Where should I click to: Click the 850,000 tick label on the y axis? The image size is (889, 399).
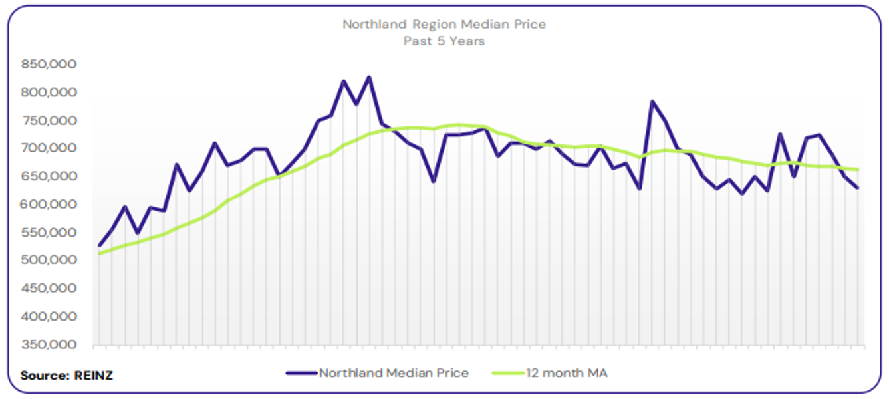click(x=49, y=65)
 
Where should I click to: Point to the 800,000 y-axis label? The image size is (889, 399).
click(x=49, y=92)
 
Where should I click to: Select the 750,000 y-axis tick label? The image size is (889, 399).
click(x=49, y=120)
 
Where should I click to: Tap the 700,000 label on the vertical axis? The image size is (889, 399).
click(x=49, y=148)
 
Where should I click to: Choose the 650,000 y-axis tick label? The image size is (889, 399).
click(x=49, y=176)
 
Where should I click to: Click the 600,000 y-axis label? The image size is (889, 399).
click(x=49, y=205)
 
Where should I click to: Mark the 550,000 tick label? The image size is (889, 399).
click(x=49, y=233)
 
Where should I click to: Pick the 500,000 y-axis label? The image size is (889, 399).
click(x=49, y=260)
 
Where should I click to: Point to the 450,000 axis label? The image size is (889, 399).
click(x=49, y=289)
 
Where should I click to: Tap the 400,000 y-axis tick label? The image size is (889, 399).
click(x=49, y=317)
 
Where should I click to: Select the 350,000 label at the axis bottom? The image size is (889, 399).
click(x=49, y=345)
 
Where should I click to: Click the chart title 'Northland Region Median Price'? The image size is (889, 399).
click(x=444, y=25)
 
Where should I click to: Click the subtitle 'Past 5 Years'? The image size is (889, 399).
click(x=444, y=41)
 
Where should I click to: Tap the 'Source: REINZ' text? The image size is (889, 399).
click(x=66, y=376)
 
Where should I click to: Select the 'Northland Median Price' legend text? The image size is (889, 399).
click(x=394, y=373)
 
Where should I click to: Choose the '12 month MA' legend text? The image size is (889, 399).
click(x=567, y=373)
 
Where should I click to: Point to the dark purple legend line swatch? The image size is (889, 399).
click(x=301, y=373)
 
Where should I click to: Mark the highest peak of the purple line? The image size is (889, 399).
click(x=369, y=78)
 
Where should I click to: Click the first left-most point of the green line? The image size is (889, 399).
click(x=99, y=253)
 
